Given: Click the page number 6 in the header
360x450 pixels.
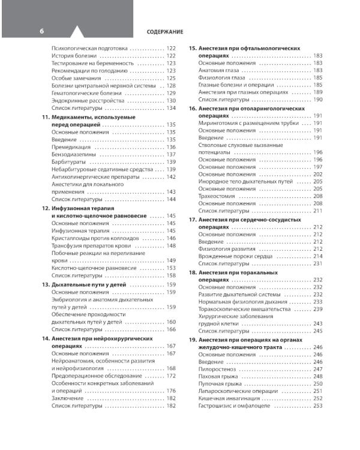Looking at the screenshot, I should [41, 31].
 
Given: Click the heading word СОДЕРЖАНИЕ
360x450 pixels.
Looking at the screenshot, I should [165, 31].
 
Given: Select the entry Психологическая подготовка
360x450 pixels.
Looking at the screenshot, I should [89, 48].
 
